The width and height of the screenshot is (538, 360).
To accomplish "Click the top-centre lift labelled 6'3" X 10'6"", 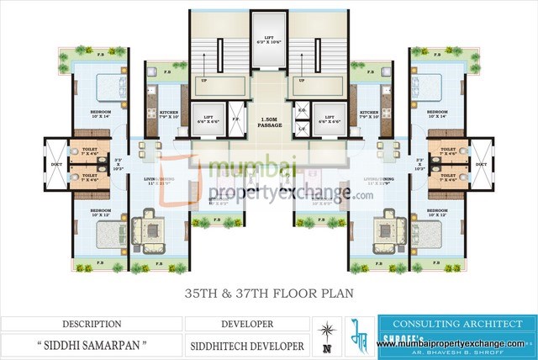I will [x=269, y=40].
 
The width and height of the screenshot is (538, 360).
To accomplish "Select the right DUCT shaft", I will [x=481, y=165].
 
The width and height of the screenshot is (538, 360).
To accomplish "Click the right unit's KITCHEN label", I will [x=370, y=114].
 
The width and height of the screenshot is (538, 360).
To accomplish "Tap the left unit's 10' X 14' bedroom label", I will [x=102, y=115].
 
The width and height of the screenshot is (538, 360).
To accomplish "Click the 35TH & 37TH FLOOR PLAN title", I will [x=268, y=294].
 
